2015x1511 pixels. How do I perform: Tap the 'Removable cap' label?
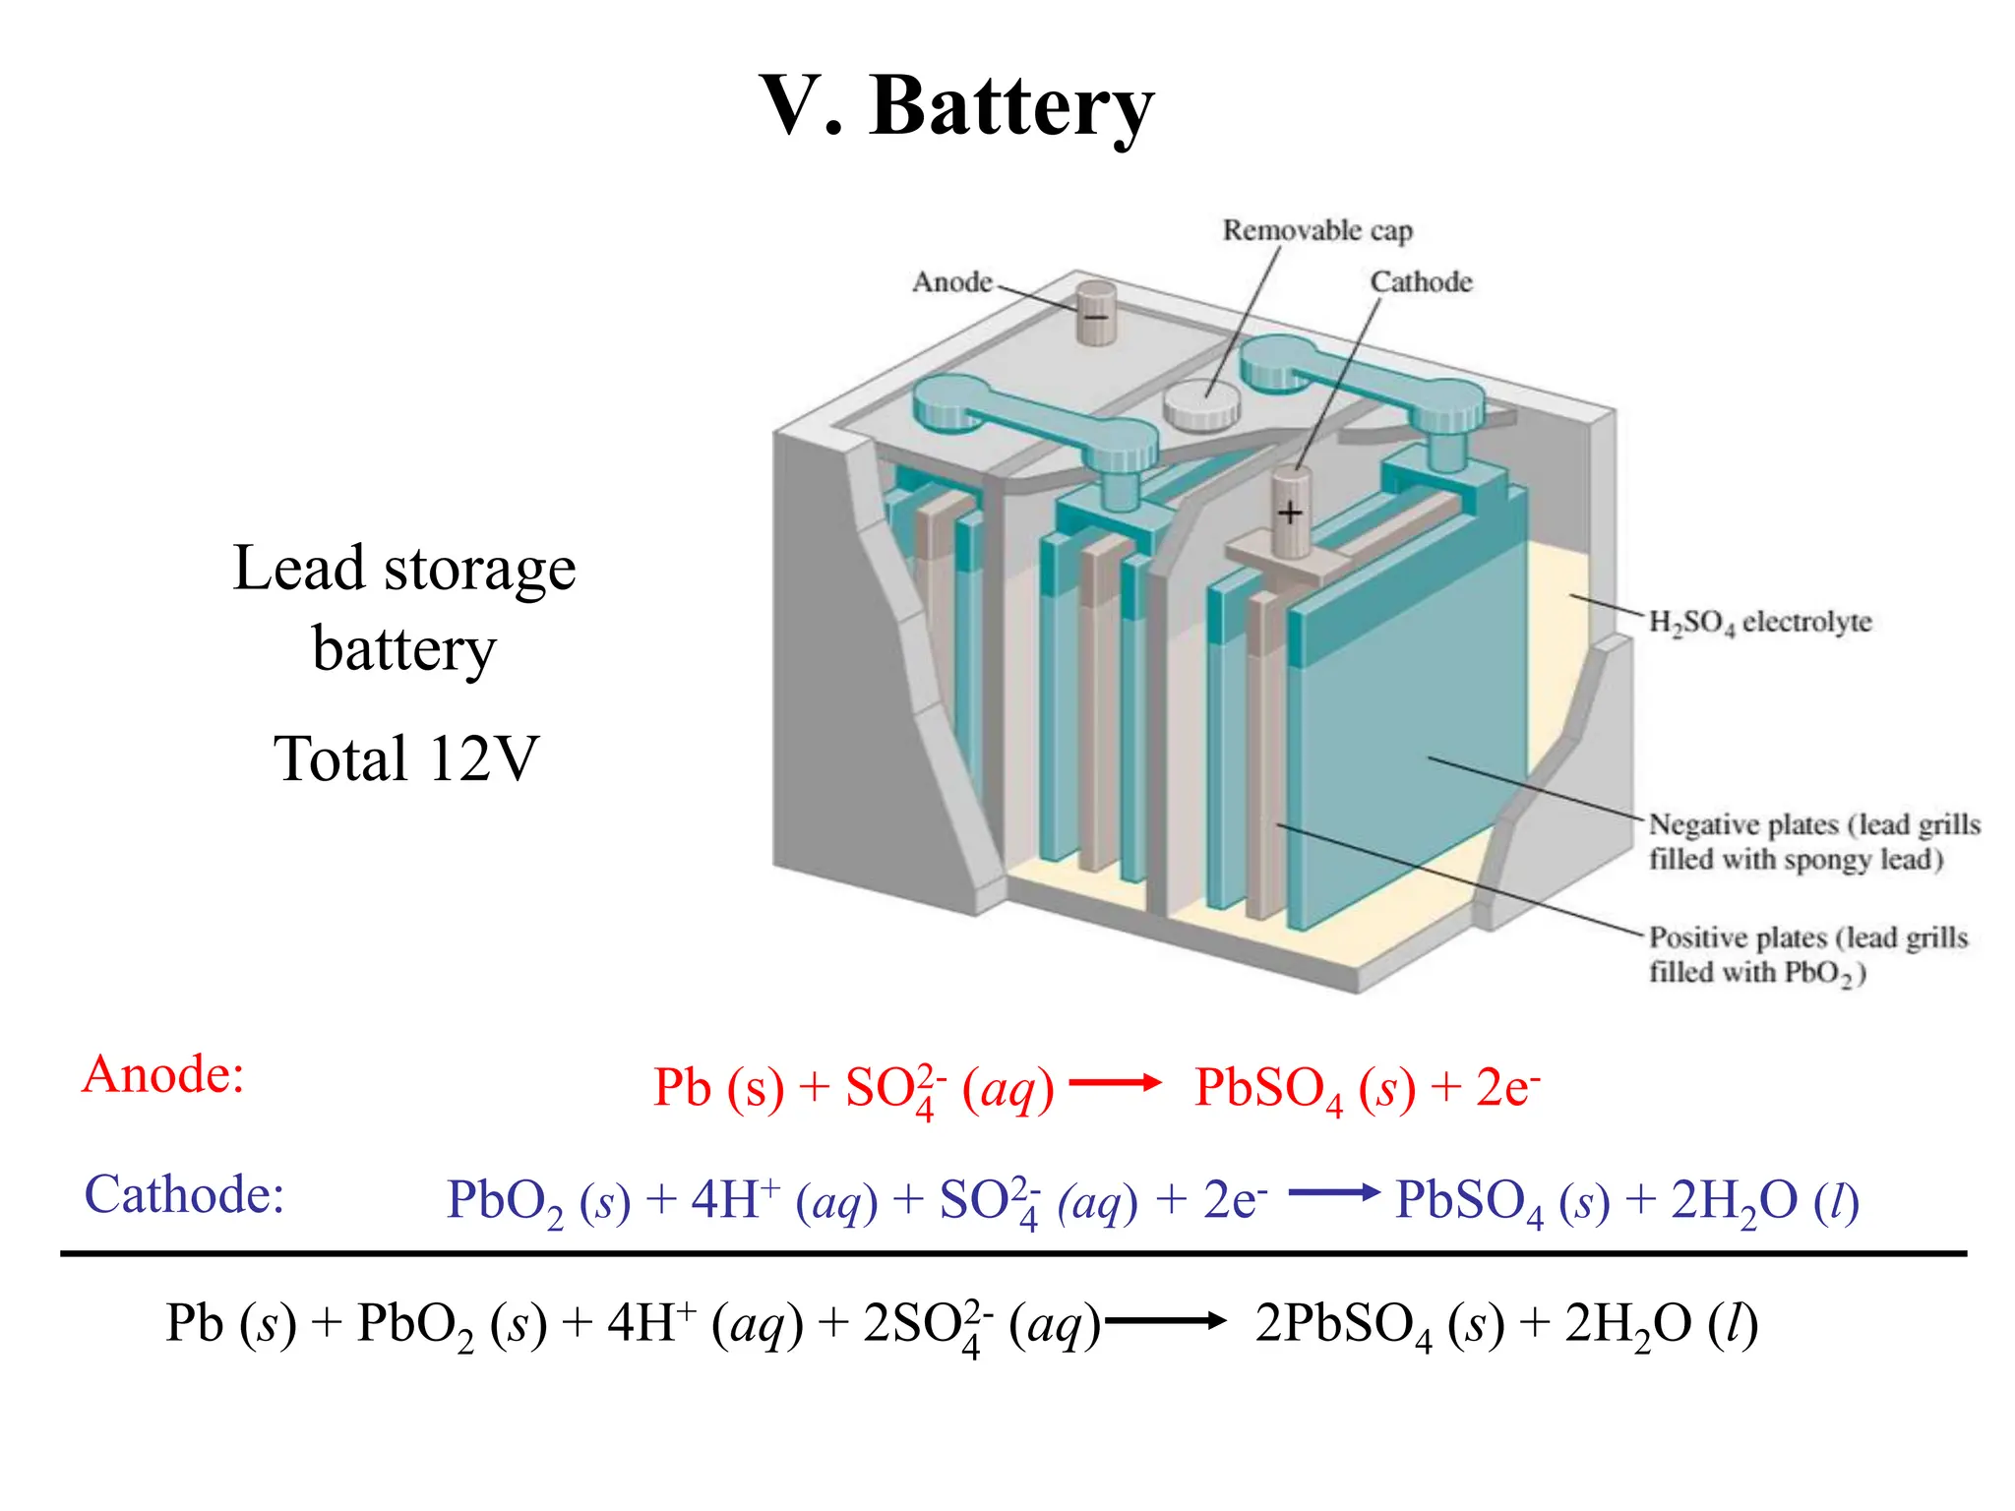(1316, 230)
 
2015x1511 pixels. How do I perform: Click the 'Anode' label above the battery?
(951, 282)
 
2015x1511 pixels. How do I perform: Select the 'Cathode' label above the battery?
(1421, 282)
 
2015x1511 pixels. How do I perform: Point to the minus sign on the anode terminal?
(1095, 317)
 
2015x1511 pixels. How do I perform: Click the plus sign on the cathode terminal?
(1290, 513)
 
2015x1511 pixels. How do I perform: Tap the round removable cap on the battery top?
(1200, 404)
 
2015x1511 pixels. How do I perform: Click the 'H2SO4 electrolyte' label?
(1759, 622)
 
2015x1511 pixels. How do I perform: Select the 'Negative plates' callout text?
(1813, 841)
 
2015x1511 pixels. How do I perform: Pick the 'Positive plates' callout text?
(1807, 954)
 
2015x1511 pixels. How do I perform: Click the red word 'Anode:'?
(163, 1073)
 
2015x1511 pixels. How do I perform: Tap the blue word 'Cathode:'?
(184, 1194)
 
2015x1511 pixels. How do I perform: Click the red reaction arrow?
(1115, 1083)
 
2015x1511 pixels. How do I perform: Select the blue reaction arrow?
(1333, 1193)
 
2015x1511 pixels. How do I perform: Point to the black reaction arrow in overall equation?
(1165, 1321)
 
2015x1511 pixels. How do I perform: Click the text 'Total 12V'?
(406, 758)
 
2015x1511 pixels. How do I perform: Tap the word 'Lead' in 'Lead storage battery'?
(299, 569)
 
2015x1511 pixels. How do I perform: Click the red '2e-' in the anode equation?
(1506, 1087)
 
